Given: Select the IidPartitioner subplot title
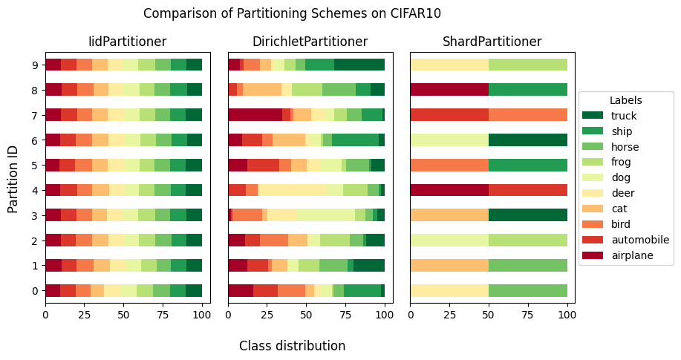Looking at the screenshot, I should pos(127,42).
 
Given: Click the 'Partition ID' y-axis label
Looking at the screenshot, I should pos(13,177).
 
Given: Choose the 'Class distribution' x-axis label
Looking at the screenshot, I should pos(292,346).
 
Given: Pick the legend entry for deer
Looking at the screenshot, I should pos(622,193).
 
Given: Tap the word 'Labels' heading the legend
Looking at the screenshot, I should pos(625,100).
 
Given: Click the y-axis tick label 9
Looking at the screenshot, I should pos(35,65).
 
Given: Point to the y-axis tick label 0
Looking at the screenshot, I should pos(35,290).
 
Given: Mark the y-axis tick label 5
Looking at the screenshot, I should pos(35,165).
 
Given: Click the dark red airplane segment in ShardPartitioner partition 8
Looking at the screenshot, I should pos(449,90).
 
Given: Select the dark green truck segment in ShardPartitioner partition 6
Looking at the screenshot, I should pos(528,140).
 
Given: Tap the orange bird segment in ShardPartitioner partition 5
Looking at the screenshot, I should pos(449,165).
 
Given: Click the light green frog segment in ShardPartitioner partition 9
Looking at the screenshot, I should pos(528,65).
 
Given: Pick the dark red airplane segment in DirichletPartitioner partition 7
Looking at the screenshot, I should pos(255,114).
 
